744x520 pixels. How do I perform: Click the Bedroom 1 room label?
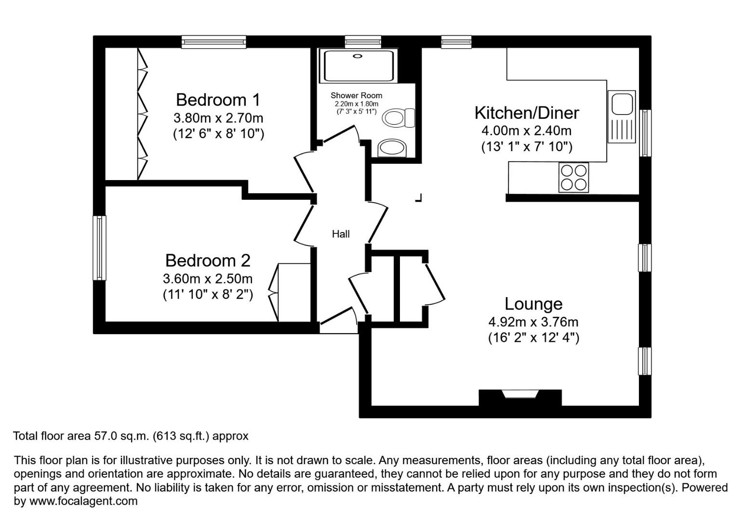[x=218, y=100]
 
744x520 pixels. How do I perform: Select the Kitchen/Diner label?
[x=527, y=113]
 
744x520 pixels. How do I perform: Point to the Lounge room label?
[x=533, y=304]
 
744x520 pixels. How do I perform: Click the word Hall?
[x=341, y=234]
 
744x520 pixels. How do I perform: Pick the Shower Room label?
[x=356, y=95]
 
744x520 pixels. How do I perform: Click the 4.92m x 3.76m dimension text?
[x=533, y=322]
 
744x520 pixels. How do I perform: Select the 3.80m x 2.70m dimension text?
[x=218, y=117]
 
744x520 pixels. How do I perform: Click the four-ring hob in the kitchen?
[x=573, y=178]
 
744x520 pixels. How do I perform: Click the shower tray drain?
[x=357, y=56]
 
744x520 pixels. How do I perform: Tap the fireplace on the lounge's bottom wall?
[x=519, y=396]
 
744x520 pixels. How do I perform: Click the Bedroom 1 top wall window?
[x=214, y=42]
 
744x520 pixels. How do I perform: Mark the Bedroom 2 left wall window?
[x=100, y=248]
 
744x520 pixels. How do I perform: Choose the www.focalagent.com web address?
[x=83, y=501]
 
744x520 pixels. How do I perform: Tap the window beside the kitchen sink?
[x=645, y=133]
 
